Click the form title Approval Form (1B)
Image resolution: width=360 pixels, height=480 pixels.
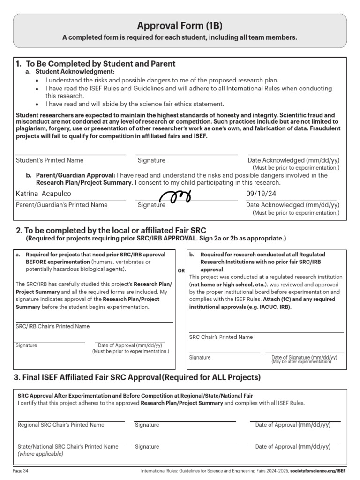tap(180, 26)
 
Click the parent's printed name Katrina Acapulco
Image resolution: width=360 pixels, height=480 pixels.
tap(44, 194)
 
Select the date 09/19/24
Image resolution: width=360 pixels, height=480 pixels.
tap(261, 194)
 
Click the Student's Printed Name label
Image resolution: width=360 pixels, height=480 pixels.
tap(50, 160)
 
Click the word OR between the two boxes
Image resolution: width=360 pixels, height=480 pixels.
tap(181, 271)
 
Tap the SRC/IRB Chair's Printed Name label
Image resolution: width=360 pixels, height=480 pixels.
tap(52, 326)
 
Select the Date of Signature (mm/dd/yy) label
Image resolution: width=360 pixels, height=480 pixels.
tap(304, 357)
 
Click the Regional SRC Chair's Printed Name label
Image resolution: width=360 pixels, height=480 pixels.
tap(61, 425)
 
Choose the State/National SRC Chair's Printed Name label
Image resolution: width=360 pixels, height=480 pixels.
tap(68, 447)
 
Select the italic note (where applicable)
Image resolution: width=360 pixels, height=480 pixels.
tap(40, 454)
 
